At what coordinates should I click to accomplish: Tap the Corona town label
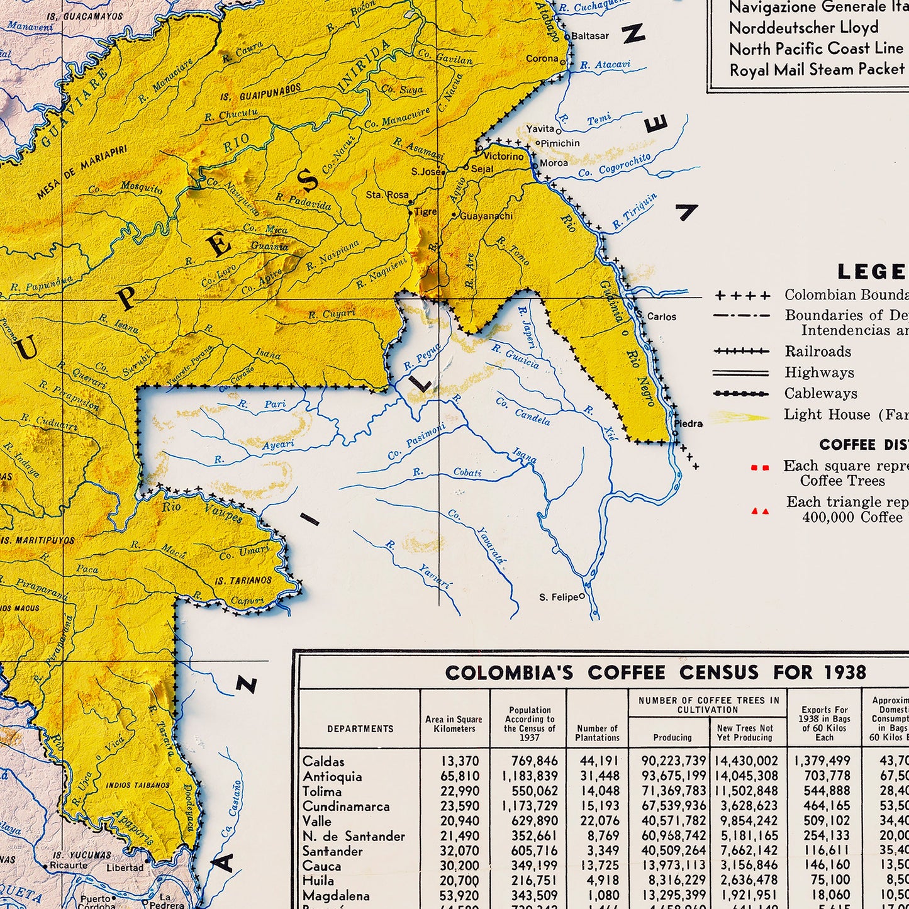[542, 59]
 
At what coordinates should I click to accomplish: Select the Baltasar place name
[590, 36]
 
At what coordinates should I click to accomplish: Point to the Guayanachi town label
[486, 216]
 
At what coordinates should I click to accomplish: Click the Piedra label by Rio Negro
[688, 424]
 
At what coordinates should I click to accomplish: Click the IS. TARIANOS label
[243, 581]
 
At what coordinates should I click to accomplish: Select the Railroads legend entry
[817, 352]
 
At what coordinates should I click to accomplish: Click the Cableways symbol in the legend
[741, 394]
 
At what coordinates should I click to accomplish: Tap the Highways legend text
[818, 372]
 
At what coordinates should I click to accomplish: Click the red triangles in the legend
[760, 511]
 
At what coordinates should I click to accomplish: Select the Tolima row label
[322, 791]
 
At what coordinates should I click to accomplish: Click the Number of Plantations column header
[597, 733]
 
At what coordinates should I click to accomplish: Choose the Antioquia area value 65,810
[459, 776]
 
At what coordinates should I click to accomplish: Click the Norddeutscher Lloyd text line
[803, 28]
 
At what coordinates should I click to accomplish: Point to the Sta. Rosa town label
[387, 195]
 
